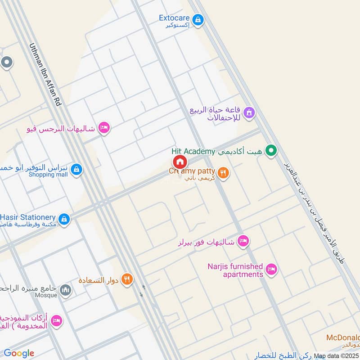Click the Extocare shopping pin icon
pyautogui.click(x=198, y=20)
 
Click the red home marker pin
pyautogui.click(x=180, y=162)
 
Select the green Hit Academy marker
pyautogui.click(x=270, y=151)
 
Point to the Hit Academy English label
pyautogui.click(x=193, y=152)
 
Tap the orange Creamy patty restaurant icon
pyautogui.click(x=223, y=172)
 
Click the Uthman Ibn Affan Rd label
pyautogui.click(x=45, y=75)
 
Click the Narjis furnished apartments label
pyautogui.click(x=235, y=270)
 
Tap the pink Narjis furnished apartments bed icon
pyautogui.click(x=271, y=270)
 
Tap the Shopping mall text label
pyautogui.click(x=48, y=175)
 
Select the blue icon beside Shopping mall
pyautogui.click(x=76, y=170)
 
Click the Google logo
pyautogui.click(x=19, y=353)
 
